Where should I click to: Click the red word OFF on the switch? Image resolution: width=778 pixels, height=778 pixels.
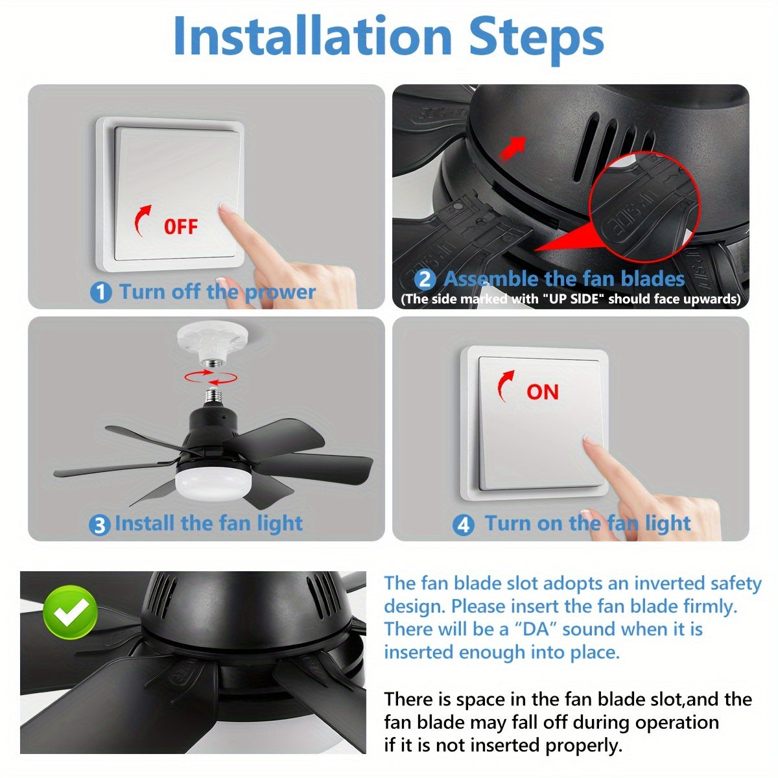pos(180,226)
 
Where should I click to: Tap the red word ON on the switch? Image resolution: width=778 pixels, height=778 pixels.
pos(542,392)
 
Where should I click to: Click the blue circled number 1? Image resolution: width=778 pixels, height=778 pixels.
pos(100,292)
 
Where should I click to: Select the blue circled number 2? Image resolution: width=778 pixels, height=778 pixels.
pos(425,279)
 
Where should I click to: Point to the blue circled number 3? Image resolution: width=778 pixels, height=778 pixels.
pos(99,525)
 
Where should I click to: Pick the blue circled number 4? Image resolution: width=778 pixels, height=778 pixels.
pos(463,525)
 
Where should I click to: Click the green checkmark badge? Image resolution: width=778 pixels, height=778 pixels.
pos(71,613)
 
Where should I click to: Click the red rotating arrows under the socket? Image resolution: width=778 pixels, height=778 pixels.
pos(211,377)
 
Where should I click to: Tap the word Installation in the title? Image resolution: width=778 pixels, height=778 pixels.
pos(312,36)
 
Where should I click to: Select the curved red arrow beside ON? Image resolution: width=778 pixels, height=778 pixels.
pos(504,386)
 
